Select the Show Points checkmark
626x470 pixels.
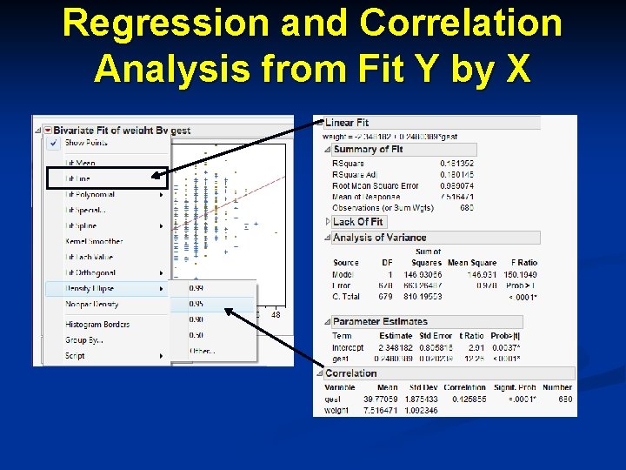tap(53, 143)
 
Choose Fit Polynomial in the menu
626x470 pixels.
tap(90, 195)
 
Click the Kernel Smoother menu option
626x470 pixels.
tap(94, 242)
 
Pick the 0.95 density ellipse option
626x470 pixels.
tap(197, 304)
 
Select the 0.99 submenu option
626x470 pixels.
tap(197, 288)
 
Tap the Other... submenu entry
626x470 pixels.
tap(202, 351)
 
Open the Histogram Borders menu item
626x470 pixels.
tap(97, 325)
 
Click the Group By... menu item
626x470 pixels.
tap(84, 340)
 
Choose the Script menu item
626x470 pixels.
tap(76, 356)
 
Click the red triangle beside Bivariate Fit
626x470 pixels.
tap(48, 131)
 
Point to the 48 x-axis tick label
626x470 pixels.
tap(276, 315)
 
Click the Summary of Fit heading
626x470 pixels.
tap(368, 150)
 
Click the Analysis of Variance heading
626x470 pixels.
tap(379, 238)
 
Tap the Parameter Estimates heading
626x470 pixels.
tap(380, 322)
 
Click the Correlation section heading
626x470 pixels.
tap(351, 373)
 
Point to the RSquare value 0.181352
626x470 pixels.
tap(457, 163)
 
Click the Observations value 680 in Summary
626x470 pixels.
tap(467, 208)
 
